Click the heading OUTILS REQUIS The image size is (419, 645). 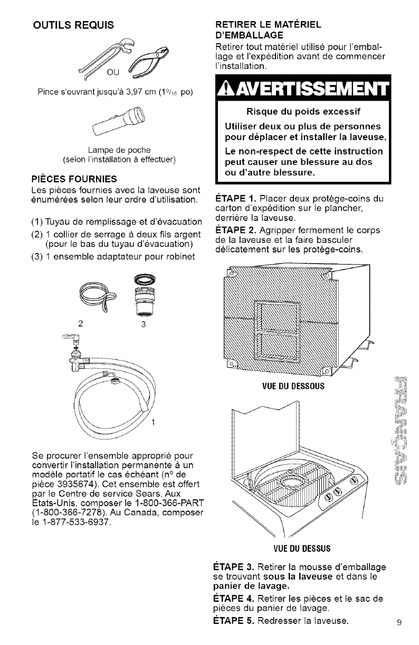[x=73, y=25]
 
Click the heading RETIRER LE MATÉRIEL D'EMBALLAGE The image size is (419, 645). [x=266, y=31]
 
